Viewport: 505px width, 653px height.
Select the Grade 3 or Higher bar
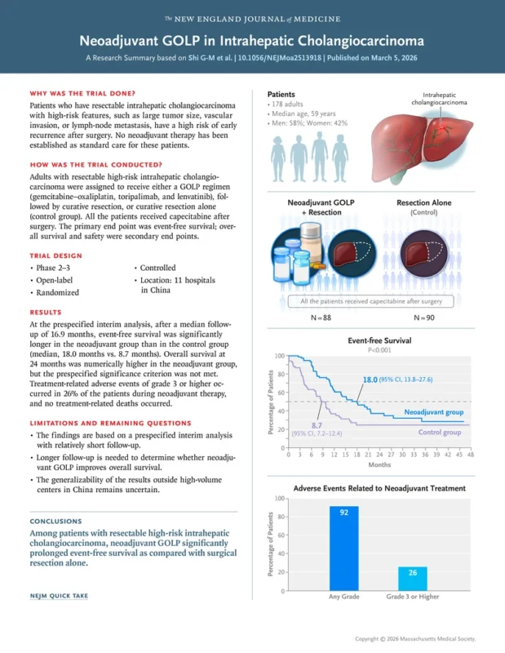413,578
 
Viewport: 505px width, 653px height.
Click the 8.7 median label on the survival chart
317,426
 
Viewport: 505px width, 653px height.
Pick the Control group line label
440,432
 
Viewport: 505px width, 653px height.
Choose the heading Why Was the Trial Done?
82,94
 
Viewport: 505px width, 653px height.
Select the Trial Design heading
57,255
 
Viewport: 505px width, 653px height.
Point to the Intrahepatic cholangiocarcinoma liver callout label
440,99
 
